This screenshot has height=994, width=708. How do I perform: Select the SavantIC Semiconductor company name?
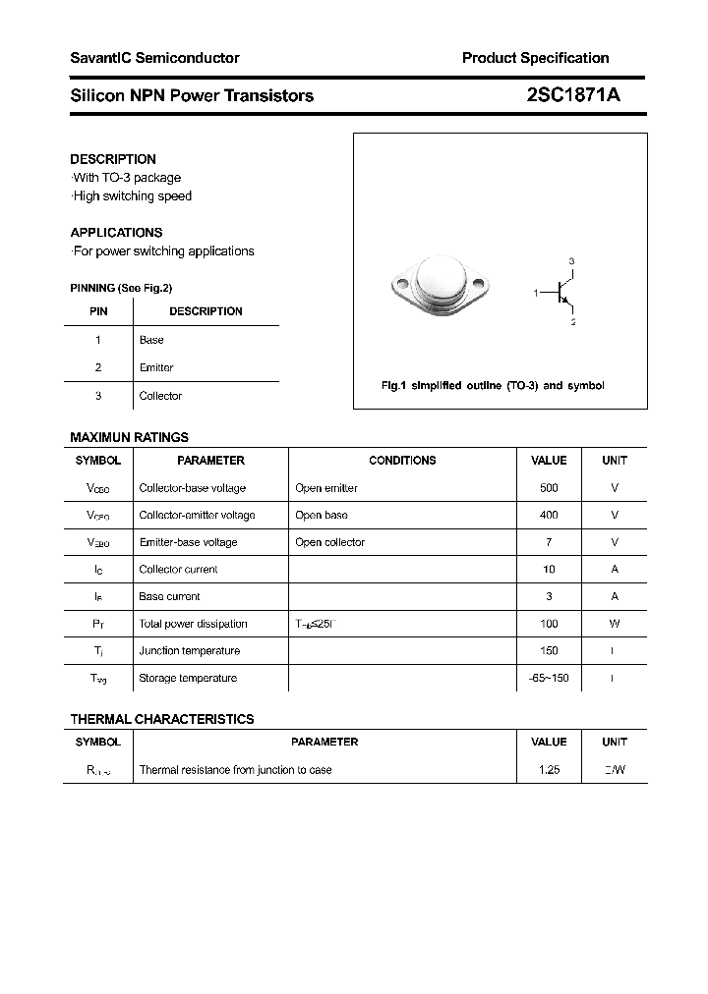[x=154, y=58]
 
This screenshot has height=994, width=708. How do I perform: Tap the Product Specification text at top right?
[x=535, y=58]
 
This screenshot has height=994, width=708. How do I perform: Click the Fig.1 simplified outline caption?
[x=492, y=385]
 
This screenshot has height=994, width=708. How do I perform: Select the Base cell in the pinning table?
[x=151, y=340]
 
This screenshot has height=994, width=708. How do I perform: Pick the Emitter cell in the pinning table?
[x=156, y=367]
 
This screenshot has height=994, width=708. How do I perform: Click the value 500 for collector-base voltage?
[x=549, y=488]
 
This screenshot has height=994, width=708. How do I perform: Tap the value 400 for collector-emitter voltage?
[x=549, y=515]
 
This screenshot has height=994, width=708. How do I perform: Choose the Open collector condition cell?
[x=329, y=542]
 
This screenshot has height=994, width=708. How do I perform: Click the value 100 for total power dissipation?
[x=549, y=624]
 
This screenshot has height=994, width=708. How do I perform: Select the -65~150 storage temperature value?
[x=549, y=678]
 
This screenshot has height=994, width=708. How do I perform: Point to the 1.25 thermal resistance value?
[x=549, y=770]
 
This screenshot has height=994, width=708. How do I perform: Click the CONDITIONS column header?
[x=402, y=461]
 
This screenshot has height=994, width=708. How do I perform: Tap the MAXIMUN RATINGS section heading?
[x=129, y=437]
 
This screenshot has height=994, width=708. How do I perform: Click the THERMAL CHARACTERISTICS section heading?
[x=161, y=719]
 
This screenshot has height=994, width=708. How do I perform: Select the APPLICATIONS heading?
[x=116, y=233]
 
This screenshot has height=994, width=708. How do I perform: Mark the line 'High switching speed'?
[x=132, y=196]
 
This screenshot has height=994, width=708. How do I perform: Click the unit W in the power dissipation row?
[x=614, y=624]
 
